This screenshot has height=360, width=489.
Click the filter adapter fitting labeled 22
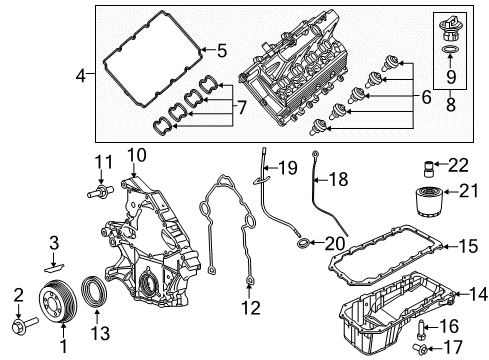tap(433, 164)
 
